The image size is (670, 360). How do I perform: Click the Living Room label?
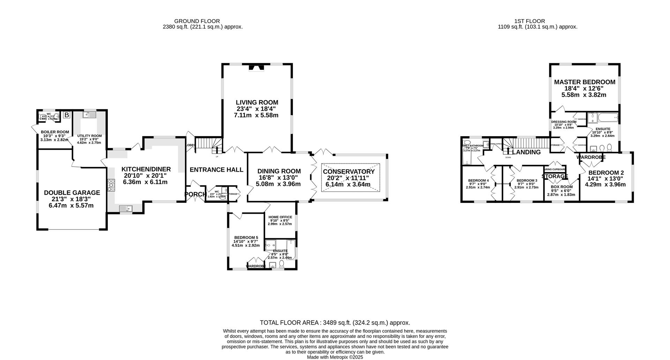point(257,102)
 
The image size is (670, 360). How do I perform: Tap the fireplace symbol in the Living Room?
point(256,68)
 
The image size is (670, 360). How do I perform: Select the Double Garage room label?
point(72,193)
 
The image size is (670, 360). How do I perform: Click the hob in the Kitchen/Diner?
point(111,185)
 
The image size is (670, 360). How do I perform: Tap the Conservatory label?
point(349,171)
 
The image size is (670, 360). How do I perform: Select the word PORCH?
point(195,194)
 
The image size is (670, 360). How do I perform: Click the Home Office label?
point(280,217)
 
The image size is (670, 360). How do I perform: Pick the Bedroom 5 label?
point(246,237)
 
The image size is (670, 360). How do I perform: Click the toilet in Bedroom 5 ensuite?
point(282,264)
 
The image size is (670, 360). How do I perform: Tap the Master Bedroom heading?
point(585,82)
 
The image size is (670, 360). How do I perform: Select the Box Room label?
point(561,187)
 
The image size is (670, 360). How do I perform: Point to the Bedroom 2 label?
point(606,172)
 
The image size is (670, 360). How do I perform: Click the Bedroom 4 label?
point(478,181)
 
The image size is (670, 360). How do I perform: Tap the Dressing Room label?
point(564,122)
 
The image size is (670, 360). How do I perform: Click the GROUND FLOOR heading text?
point(197,21)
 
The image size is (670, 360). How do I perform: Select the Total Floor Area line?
point(335,323)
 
